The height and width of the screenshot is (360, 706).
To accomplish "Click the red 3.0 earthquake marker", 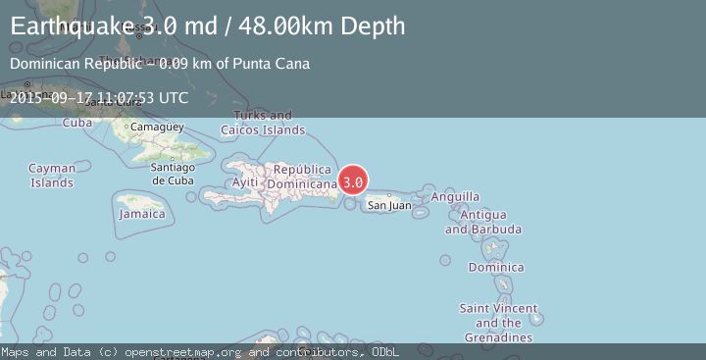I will click(353, 181).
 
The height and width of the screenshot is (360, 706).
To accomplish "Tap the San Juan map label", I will click(389, 205).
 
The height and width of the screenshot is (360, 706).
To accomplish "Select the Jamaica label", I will click(142, 213).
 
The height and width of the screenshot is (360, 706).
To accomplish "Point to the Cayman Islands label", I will click(52, 176).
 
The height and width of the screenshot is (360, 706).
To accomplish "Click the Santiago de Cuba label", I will click(175, 174).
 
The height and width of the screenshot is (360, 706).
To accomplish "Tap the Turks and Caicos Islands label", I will click(263, 123).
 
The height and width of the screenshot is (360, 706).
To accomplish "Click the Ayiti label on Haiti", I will click(245, 182).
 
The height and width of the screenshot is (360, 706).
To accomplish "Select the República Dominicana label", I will click(302, 177).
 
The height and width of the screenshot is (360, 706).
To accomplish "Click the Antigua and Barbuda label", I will click(483, 222).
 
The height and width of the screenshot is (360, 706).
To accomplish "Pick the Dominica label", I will click(495, 267).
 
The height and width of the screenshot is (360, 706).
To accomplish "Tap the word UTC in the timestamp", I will click(173, 97).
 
